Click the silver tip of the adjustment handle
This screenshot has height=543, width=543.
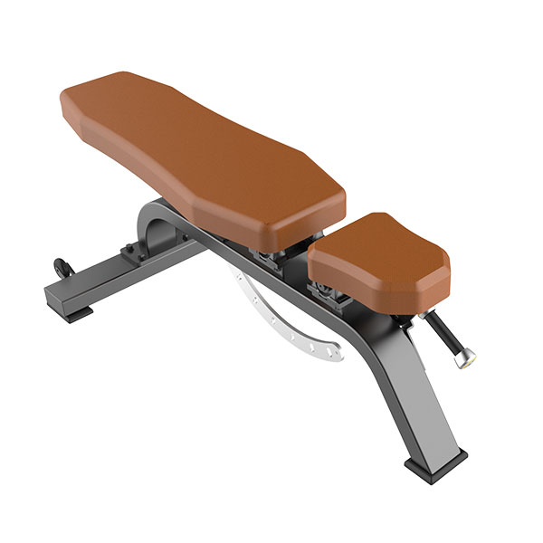coord(464,360)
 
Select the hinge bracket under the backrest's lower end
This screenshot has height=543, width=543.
coord(271,258)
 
